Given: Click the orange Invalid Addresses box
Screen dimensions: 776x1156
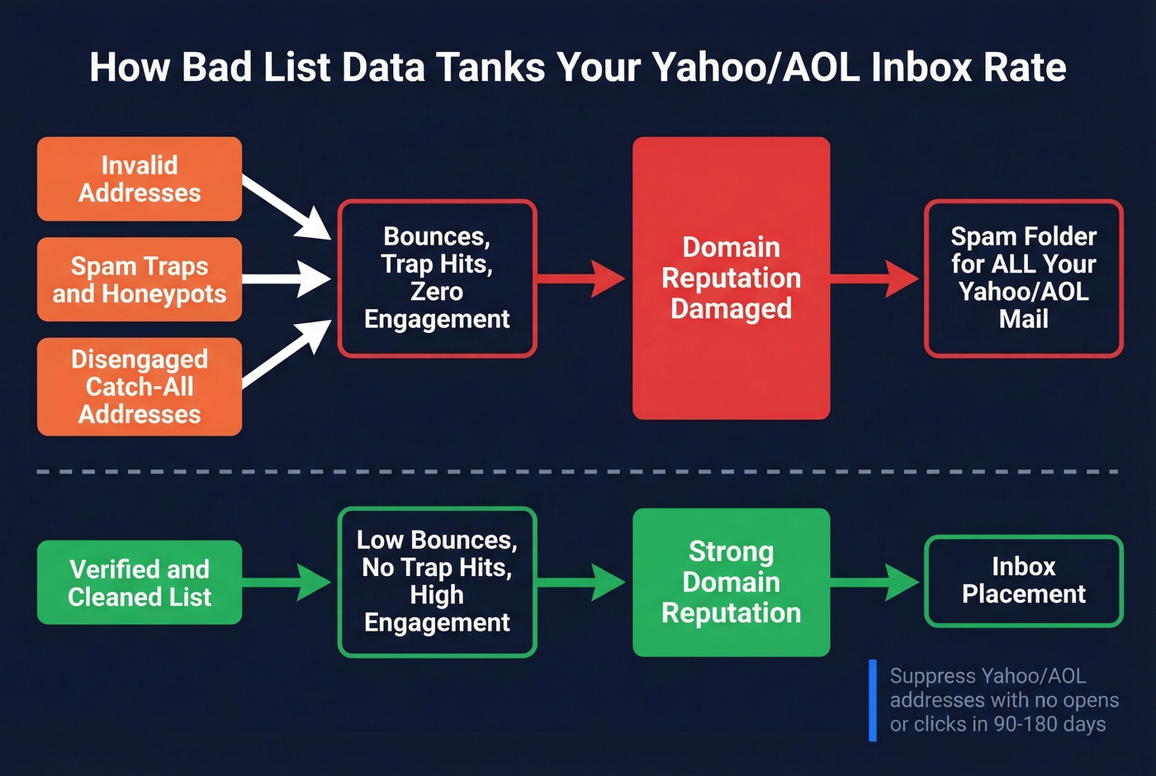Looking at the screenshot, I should (140, 179).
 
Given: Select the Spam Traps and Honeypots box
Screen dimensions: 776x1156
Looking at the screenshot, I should (140, 279).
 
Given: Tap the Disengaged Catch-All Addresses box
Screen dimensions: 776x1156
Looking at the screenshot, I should (140, 386).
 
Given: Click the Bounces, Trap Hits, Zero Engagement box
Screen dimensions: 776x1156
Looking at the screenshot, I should (437, 278).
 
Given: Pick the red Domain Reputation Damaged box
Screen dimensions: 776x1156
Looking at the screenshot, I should (731, 278).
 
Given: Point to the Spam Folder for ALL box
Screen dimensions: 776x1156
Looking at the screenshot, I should (1023, 278).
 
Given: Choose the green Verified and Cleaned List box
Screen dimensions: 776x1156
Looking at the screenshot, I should (140, 583).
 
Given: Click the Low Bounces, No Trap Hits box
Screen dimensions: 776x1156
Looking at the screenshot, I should (437, 581).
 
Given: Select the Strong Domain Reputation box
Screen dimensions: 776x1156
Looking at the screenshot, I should (731, 582).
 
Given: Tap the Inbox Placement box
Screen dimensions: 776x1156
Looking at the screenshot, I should (1023, 580).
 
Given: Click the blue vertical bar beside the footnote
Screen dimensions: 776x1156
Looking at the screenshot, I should (873, 700).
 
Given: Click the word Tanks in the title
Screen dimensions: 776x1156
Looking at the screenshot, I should (490, 67).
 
